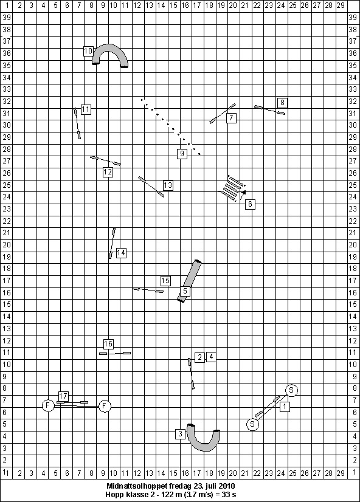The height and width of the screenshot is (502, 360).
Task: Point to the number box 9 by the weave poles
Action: point(182,154)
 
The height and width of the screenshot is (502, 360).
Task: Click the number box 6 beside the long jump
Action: point(250,204)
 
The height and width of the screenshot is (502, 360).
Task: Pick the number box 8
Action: point(282,103)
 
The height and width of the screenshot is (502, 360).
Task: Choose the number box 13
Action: point(168,185)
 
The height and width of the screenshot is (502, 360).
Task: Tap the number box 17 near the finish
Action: point(63,396)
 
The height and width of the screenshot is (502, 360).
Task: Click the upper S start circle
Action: point(291,390)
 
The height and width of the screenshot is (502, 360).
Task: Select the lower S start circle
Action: point(252,425)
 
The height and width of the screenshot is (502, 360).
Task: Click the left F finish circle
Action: point(48,405)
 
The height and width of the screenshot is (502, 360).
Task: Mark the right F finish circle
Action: point(105,406)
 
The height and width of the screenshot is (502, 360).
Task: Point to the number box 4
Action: point(211,357)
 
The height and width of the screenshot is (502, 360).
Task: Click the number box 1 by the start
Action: point(285,407)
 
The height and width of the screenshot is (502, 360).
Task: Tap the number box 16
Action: point(108,344)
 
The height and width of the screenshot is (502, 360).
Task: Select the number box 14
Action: point(121,253)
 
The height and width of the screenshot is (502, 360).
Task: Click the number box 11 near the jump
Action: point(86,109)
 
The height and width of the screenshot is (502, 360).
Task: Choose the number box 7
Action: point(231,118)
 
